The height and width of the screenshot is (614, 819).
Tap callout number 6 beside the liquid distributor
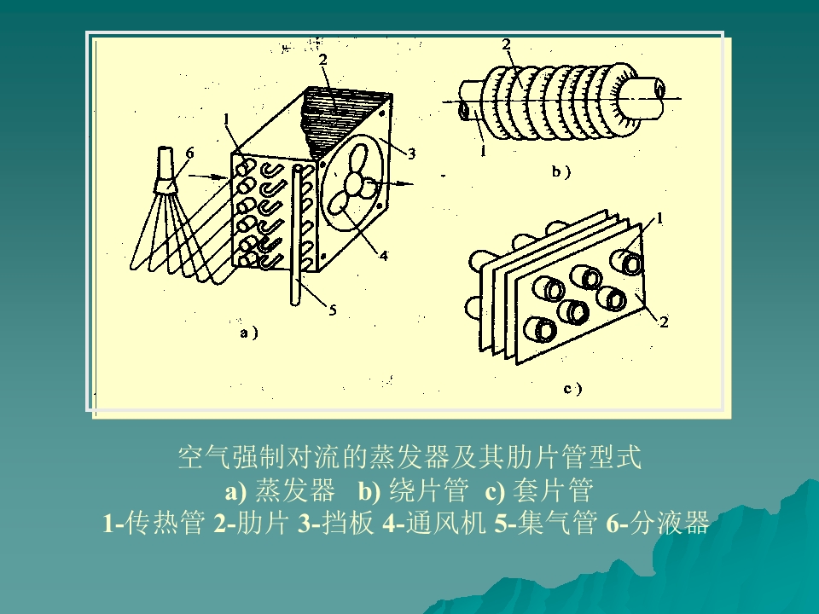pos(189,153)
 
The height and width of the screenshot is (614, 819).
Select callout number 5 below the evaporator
pos(333,310)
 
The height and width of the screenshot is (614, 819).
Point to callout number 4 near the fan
pos(385,255)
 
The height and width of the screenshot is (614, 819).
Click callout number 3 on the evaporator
pos(411,154)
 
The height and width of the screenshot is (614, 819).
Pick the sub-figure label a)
pos(248,333)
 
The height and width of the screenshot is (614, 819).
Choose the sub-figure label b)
pos(561,171)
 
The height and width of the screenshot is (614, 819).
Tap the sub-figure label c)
pos(573,389)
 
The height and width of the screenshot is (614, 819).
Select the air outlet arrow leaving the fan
pos(392,183)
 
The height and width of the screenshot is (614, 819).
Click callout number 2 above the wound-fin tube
pos(506,44)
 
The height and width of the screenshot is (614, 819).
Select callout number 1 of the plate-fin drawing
pos(659,218)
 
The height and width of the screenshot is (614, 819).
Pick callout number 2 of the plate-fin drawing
pos(664,321)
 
